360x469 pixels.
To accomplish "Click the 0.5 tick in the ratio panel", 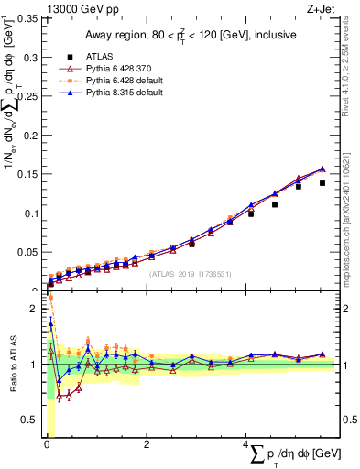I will click(x=30, y=420).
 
